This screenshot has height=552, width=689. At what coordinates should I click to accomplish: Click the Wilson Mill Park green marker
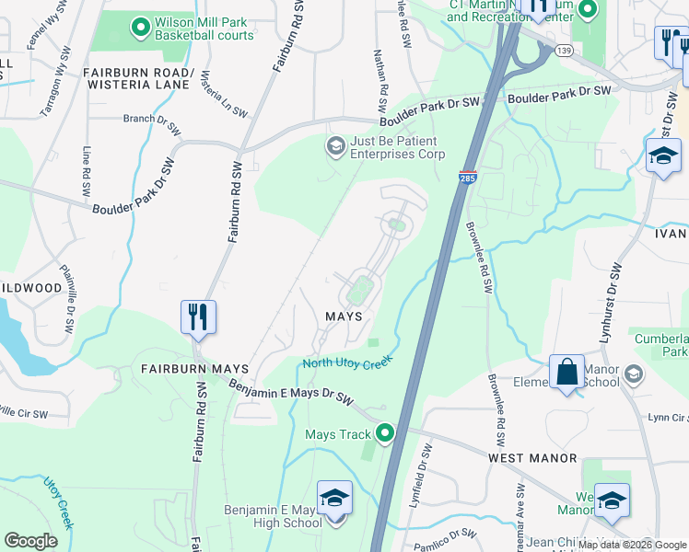pyautogui.click(x=141, y=29)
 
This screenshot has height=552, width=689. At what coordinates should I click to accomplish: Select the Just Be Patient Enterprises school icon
pyautogui.click(x=335, y=144)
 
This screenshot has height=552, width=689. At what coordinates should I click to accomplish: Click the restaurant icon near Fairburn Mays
pyautogui.click(x=198, y=317)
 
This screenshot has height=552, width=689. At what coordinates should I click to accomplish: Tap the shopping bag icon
pyautogui.click(x=566, y=373)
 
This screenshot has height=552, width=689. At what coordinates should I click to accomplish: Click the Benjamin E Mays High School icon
pyautogui.click(x=334, y=500)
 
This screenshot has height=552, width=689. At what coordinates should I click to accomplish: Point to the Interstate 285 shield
pyautogui.click(x=467, y=177)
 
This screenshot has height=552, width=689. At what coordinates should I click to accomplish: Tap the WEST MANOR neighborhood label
pyautogui.click(x=532, y=457)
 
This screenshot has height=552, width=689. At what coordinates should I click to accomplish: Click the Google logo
pyautogui.click(x=30, y=541)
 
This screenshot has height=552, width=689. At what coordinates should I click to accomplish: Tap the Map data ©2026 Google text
pyautogui.click(x=632, y=545)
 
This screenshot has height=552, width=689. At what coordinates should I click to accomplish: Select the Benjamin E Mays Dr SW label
pyautogui.click(x=291, y=393)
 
